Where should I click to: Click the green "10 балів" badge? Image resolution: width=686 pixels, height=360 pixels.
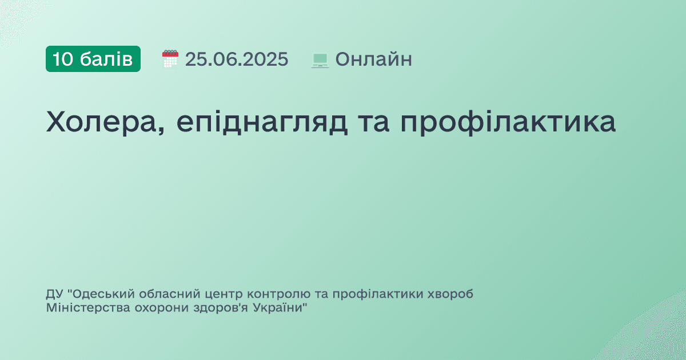tap(93, 59)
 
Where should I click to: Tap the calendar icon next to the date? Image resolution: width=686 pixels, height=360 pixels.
tap(170, 59)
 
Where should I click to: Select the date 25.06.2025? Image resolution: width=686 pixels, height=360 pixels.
tap(237, 59)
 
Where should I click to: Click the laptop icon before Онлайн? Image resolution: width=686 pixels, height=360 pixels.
tap(320, 59)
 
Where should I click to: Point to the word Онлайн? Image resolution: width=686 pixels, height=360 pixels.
tap(373, 59)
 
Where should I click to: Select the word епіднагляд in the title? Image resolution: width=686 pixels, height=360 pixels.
tap(262, 123)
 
